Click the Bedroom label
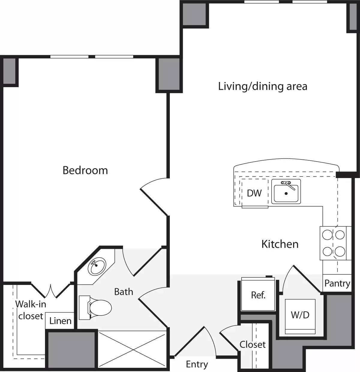[x=85, y=170]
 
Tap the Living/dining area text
[x=262, y=86]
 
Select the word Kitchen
[x=280, y=244]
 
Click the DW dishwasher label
[x=254, y=193]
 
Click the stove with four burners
[x=333, y=243]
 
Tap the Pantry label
[x=337, y=283]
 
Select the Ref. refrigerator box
[x=258, y=295]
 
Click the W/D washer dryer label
[x=300, y=315]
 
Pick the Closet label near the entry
[x=253, y=344]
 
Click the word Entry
[x=197, y=364]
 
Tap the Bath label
[x=124, y=292]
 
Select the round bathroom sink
[x=97, y=266]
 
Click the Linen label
[x=60, y=321]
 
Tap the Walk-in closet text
[x=31, y=310]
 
